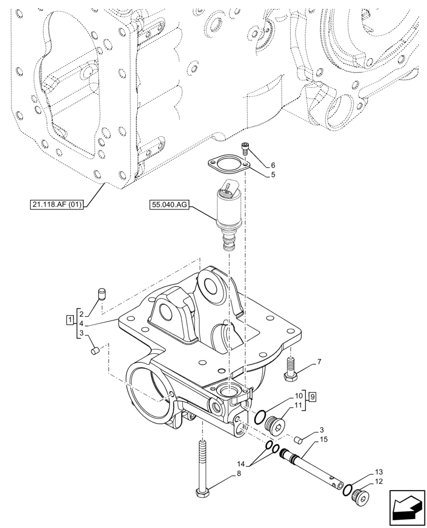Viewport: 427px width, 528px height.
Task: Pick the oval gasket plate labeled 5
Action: tap(227, 165)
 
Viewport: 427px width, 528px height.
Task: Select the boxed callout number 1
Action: tap(69, 320)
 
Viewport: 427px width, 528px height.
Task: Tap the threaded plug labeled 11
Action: tap(275, 424)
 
